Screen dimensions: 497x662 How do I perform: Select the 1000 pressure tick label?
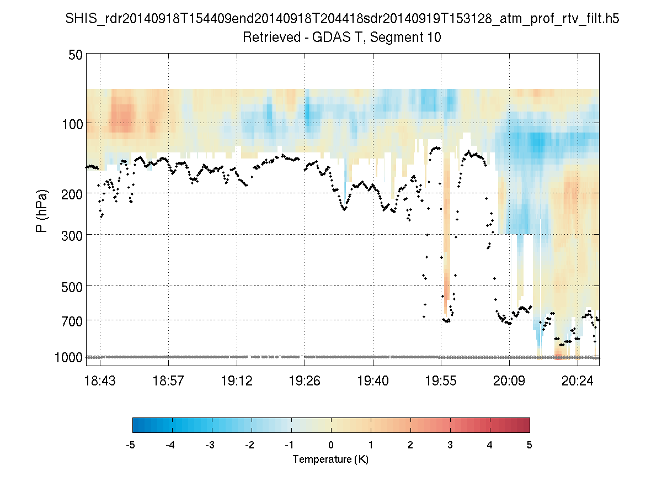click(68, 357)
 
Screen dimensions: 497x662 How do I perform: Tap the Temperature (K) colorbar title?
click(330, 459)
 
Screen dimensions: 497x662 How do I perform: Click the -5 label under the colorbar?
click(131, 445)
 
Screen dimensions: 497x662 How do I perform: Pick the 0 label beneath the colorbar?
click(331, 445)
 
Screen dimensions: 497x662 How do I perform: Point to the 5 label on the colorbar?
click(530, 445)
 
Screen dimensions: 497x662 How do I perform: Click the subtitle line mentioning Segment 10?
click(341, 38)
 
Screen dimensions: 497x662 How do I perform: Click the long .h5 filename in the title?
click(341, 19)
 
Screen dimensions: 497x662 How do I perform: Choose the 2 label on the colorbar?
click(410, 445)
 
